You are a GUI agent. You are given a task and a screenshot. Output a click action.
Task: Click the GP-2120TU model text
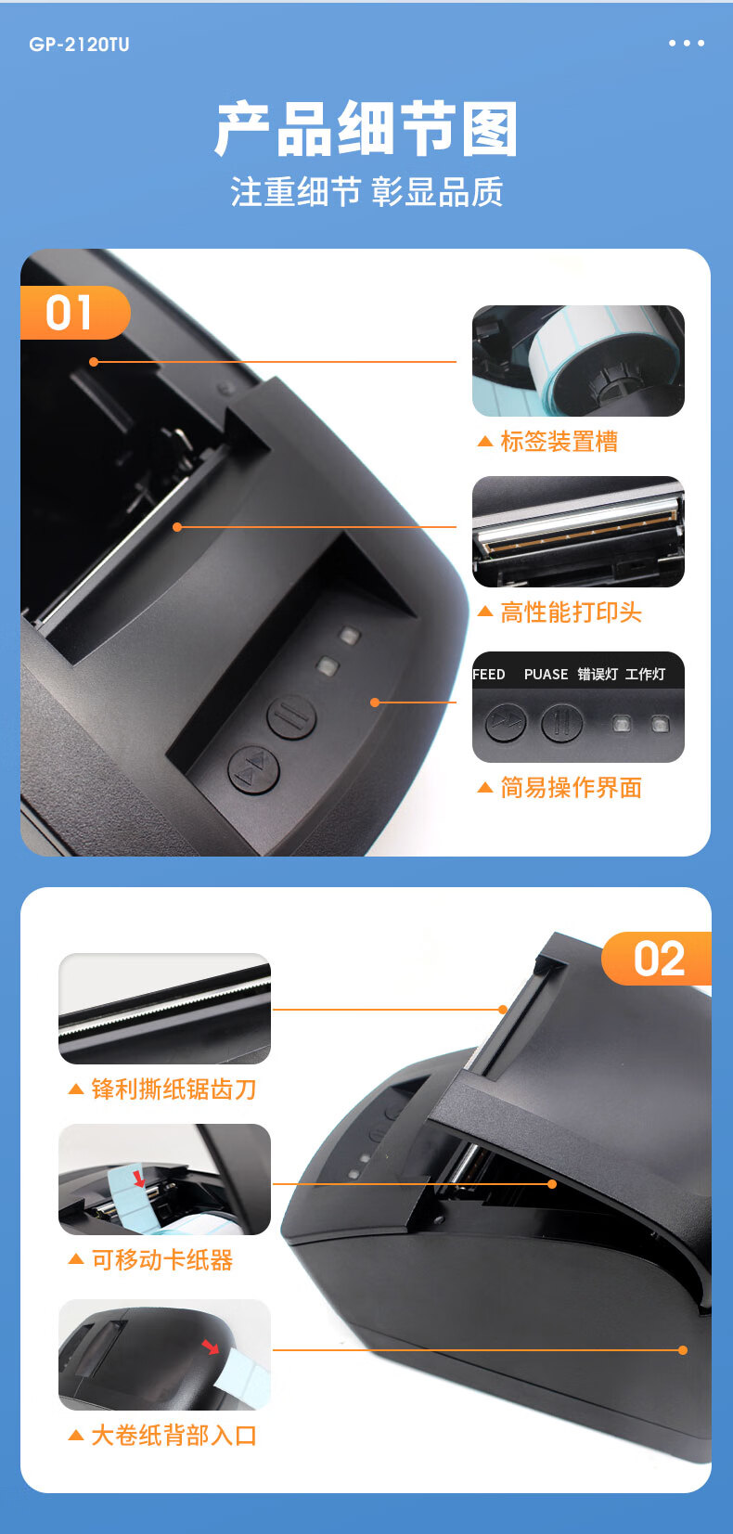[x=79, y=45]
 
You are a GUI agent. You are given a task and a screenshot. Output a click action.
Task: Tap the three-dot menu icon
[x=687, y=43]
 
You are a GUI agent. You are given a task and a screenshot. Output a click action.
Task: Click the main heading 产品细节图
[x=366, y=129]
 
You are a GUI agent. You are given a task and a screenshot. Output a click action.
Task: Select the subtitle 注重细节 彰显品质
[x=366, y=192]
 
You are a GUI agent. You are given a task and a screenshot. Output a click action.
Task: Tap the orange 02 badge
[x=656, y=959]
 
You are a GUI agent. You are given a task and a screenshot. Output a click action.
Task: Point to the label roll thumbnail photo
[x=578, y=361]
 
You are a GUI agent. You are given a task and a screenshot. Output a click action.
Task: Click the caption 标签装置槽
[x=559, y=442]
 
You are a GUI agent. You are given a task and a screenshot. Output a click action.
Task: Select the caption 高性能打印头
[x=571, y=612]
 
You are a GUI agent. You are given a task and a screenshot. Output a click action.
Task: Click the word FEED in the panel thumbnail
[x=489, y=675]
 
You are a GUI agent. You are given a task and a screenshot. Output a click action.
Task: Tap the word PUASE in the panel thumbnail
[x=547, y=675]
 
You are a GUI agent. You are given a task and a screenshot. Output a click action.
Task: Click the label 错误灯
[x=598, y=675]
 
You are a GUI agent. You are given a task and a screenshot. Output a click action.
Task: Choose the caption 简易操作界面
[x=571, y=788]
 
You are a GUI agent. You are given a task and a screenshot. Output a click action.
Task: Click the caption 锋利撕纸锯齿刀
[x=174, y=1089]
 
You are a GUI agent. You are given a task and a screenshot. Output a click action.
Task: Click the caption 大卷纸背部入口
[x=174, y=1436]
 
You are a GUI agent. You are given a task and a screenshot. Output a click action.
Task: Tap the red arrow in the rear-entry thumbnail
[x=211, y=1347]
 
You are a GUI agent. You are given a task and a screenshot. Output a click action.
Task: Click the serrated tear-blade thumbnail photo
[x=165, y=1009]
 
